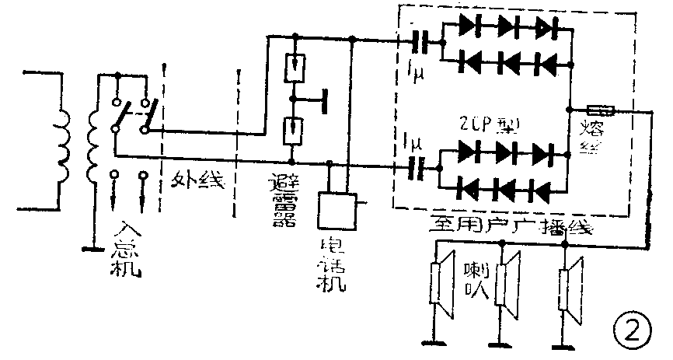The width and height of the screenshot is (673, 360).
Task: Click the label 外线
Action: [198, 181]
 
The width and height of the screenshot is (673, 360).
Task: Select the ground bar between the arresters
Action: [324, 99]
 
